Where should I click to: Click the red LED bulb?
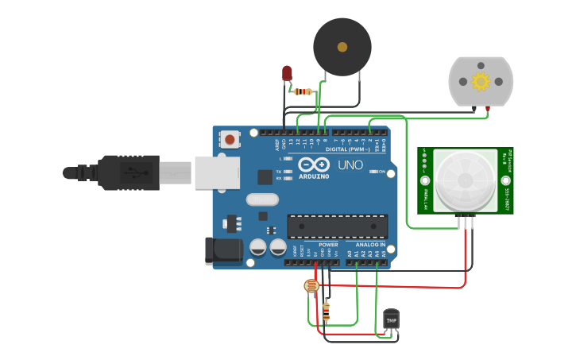pos(287,73)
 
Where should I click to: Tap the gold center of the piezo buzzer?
pos(342,47)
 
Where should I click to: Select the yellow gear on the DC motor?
pos(480,81)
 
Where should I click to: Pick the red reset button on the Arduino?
pos(230,140)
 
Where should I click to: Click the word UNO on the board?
pos(350,165)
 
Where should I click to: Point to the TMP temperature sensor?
pos(391,319)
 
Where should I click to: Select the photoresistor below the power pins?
pos(311,285)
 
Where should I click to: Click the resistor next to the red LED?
pos(303,91)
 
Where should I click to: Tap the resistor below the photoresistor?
pos(326,311)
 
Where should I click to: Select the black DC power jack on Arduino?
pos(222,251)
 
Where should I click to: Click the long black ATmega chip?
pos(338,226)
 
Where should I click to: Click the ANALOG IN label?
pos(369,245)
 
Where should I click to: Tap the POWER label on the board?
pos(328,245)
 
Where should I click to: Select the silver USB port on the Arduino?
pos(217,172)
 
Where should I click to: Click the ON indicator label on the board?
pos(382,172)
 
